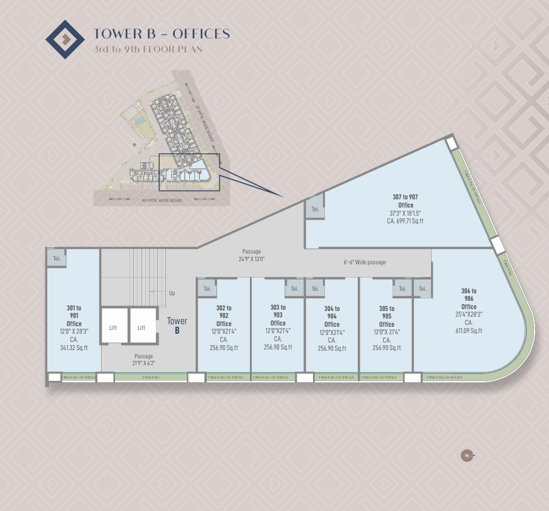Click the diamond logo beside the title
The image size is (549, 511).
pos(65,40)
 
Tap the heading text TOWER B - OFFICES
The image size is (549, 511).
pos(162,34)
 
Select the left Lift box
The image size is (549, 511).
pos(114,327)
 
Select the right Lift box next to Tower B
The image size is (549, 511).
pos(142,327)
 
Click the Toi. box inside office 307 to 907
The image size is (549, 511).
pos(315,209)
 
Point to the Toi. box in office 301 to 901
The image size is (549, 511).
pos(56,258)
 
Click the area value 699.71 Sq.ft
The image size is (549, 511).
pos(405,221)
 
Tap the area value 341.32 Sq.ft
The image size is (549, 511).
pos(74,348)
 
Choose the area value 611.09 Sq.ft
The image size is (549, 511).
pos(468,331)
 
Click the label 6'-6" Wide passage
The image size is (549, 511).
pos(364,262)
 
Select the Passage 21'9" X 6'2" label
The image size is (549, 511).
pos(143,360)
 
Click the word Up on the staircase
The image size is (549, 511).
pos(172,293)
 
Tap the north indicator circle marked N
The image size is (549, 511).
pos(467,455)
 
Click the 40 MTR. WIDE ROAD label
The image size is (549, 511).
pos(162,200)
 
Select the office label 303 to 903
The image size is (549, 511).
pos(278,311)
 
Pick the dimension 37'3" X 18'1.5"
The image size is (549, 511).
pos(405,213)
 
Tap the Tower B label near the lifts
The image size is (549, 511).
pos(177,326)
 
